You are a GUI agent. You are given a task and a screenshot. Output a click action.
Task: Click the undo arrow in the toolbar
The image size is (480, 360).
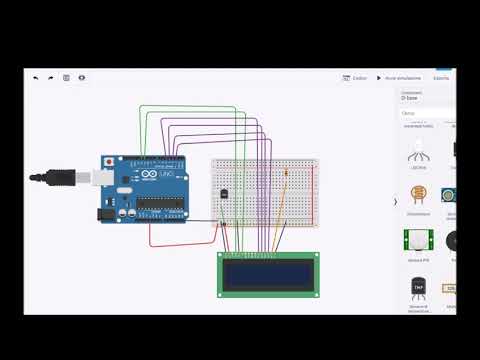click(36, 77)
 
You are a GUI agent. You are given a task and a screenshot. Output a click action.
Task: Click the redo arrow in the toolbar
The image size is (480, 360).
click(51, 77)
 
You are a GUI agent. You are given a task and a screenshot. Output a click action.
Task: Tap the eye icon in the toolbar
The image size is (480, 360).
click(82, 77)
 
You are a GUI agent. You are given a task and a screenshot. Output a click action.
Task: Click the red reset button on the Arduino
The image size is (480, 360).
click(108, 162)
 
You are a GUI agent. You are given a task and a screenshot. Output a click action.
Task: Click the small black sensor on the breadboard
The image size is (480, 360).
click(224, 193)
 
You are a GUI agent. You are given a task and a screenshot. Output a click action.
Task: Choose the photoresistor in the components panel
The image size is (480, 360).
click(418, 195)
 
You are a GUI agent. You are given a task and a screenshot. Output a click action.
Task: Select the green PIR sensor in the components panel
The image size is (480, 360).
click(418, 240)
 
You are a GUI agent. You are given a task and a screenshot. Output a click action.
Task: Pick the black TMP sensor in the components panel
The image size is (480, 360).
click(418, 289)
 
